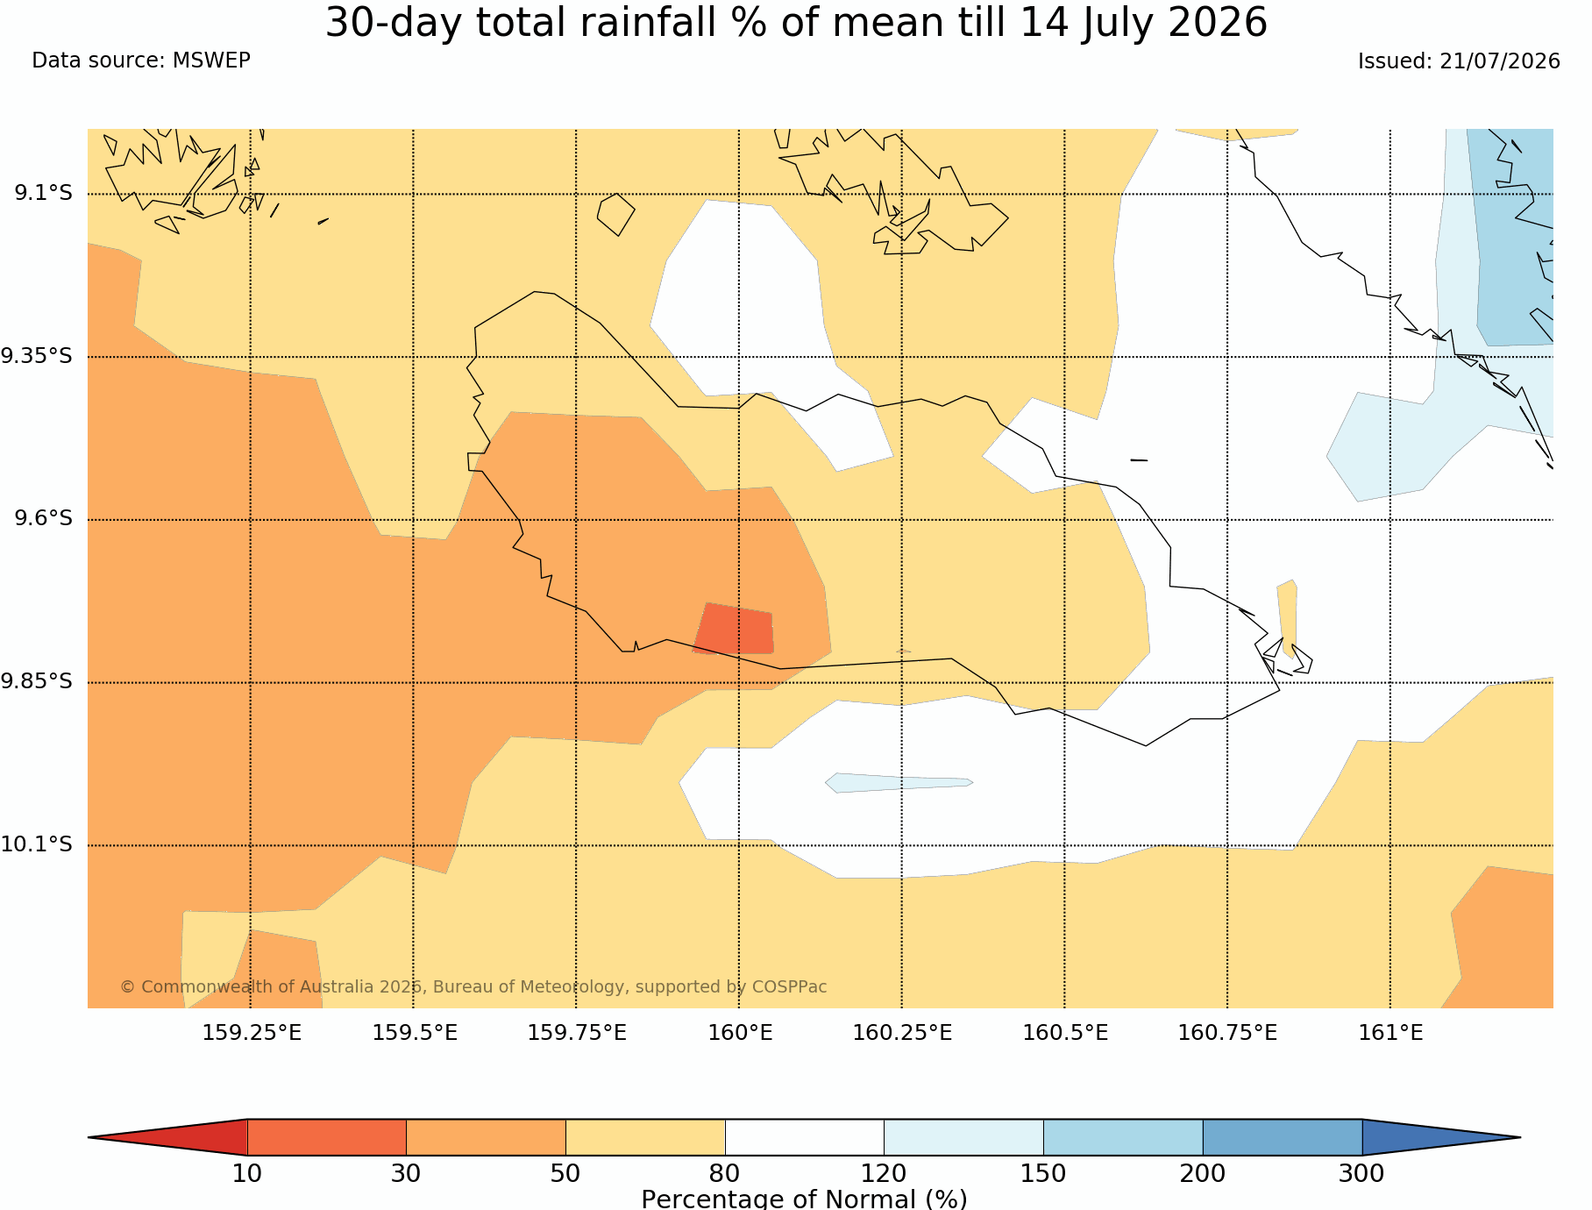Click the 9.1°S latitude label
point(43,193)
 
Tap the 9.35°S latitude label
point(37,356)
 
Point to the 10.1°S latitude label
point(37,844)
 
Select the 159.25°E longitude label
point(252,1033)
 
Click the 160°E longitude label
point(740,1033)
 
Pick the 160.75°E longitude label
point(1227,1033)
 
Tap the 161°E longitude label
point(1390,1033)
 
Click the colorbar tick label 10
point(247,1174)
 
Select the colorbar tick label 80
point(725,1174)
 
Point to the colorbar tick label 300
point(1361,1174)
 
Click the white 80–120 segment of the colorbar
point(805,1137)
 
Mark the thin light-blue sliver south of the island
point(899,783)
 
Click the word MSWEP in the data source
point(211,60)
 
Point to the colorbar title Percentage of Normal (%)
point(804,1199)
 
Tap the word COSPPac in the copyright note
point(789,987)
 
